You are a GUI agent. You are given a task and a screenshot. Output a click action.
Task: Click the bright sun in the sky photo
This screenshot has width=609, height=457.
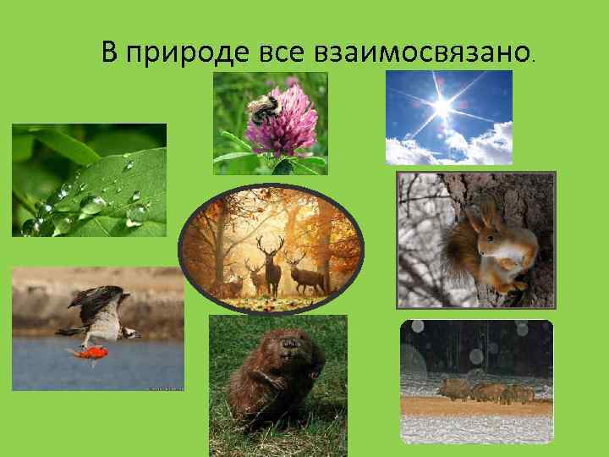[442, 106]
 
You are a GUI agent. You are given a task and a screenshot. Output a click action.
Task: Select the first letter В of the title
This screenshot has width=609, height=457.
[109, 52]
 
